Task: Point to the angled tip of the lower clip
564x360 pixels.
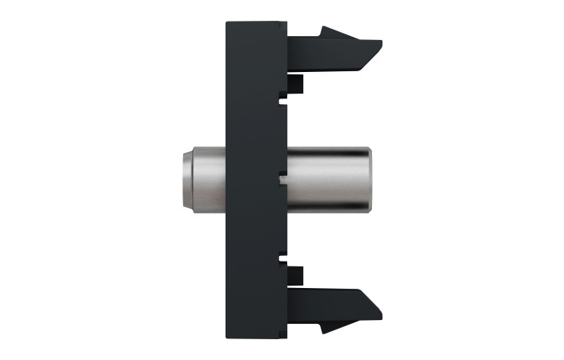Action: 374,302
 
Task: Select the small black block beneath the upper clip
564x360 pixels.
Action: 295,83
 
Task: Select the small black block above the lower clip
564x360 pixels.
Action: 295,274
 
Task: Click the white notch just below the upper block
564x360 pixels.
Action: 282,101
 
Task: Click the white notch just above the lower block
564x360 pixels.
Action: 282,256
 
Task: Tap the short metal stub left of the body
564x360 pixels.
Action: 205,179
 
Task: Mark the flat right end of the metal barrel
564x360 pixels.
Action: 370,179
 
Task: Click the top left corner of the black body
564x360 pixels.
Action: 227,23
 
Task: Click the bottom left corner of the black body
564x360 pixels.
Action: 227,334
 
